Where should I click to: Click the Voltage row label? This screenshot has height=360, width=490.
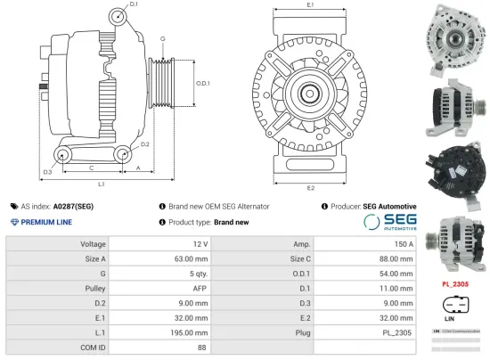[x=94, y=243]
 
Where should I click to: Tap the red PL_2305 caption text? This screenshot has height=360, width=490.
[x=455, y=284]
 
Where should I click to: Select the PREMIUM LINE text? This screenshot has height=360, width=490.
[x=46, y=222]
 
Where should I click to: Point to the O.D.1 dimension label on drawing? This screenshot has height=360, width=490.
[x=202, y=83]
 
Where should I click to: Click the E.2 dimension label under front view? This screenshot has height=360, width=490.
[x=310, y=188]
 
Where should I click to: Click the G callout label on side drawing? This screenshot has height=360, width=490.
[x=162, y=39]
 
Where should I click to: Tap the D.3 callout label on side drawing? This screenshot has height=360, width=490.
[x=47, y=171]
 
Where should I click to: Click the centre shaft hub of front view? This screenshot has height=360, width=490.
[x=310, y=92]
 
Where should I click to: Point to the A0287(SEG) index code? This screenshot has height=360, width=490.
[x=74, y=206]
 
